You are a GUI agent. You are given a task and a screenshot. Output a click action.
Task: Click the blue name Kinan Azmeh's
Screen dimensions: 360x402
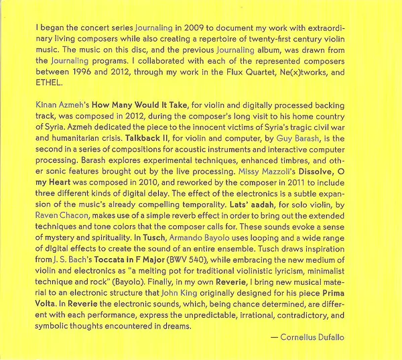[x=60, y=106]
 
